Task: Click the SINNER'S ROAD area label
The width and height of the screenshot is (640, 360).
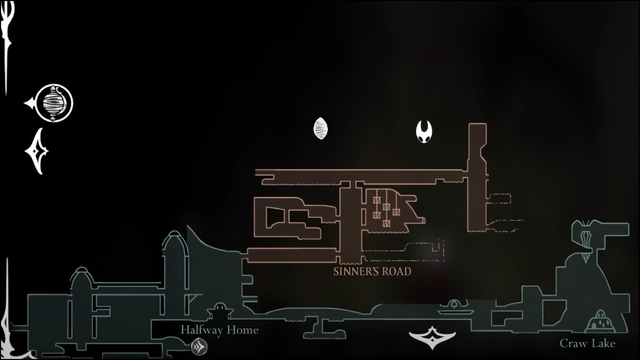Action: (x=372, y=271)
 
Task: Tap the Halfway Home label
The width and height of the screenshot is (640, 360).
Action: (x=219, y=330)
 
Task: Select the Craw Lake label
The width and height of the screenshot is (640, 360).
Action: (x=587, y=343)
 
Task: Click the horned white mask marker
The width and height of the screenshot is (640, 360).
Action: (x=424, y=132)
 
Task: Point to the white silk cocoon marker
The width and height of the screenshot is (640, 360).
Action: (x=321, y=128)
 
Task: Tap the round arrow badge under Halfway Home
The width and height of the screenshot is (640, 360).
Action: (x=199, y=347)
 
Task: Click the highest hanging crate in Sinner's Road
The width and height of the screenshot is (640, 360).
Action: (x=377, y=200)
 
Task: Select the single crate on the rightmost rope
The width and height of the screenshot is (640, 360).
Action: (x=396, y=212)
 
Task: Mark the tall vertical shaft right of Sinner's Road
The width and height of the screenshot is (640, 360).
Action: (x=477, y=177)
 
